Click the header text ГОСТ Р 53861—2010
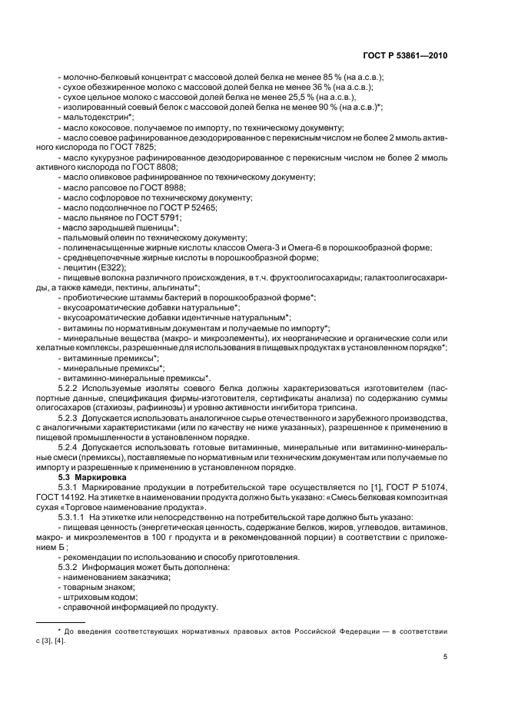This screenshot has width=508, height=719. tap(406, 56)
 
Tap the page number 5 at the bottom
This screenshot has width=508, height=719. tap(445, 657)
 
